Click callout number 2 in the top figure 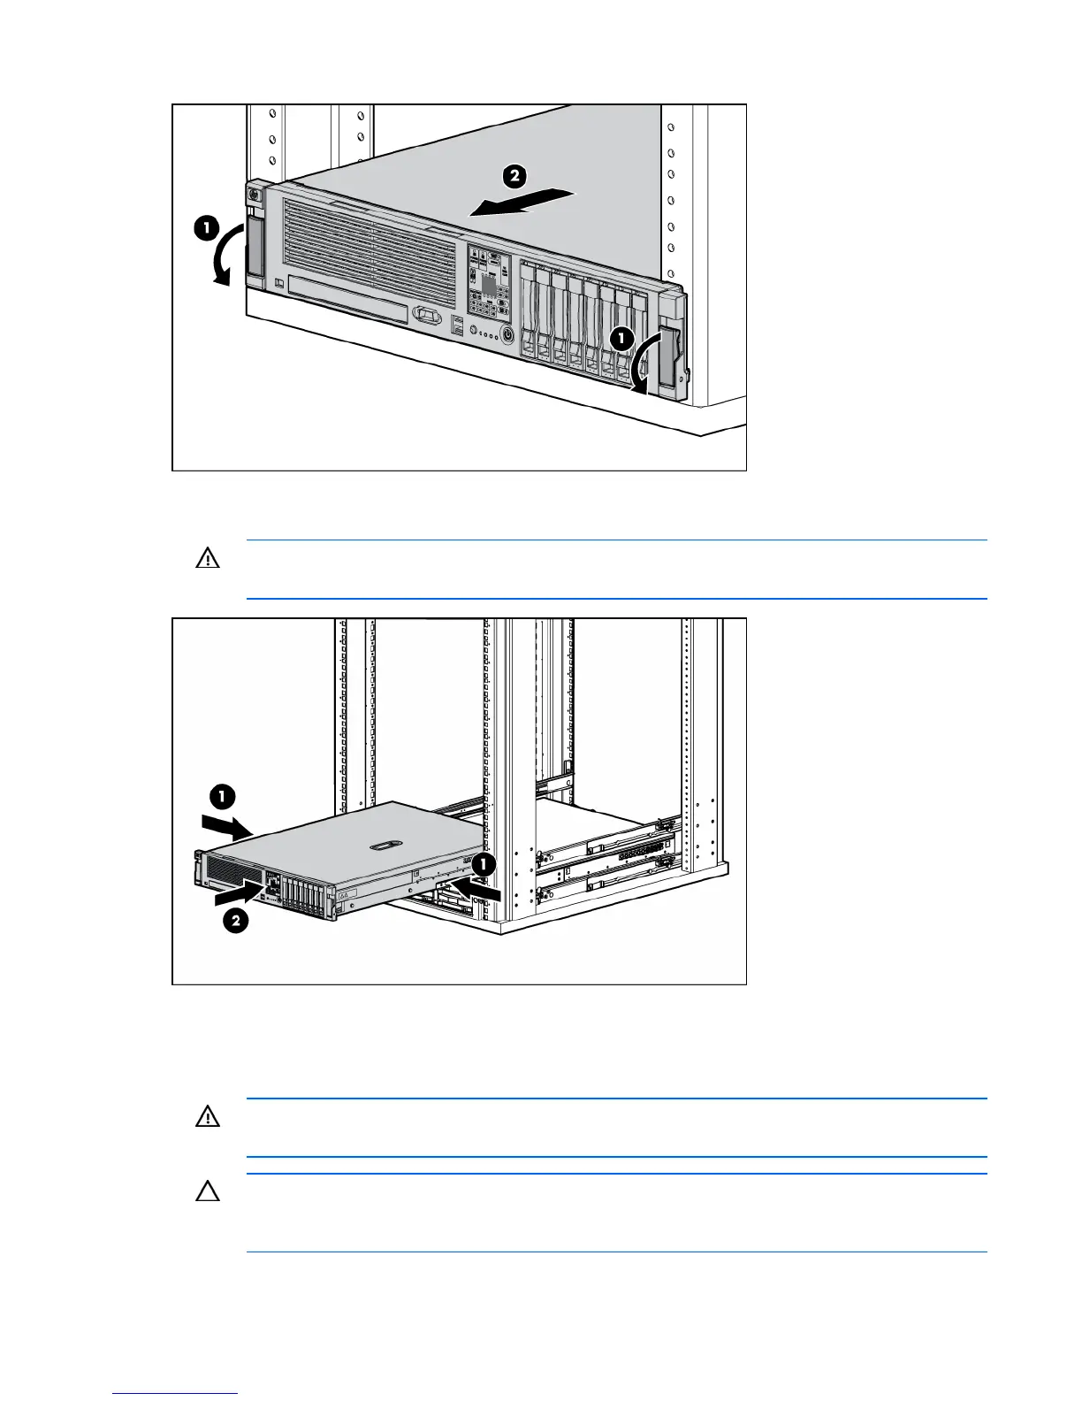coord(514,176)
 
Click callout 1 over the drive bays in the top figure coord(621,338)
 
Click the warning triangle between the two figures coord(207,559)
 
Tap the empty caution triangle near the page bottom coord(207,1192)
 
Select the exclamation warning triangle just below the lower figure coord(207,1117)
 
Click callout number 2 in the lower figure coord(235,922)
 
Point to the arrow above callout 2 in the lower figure coord(239,894)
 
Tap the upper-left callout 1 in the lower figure coord(222,797)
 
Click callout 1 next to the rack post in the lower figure coord(483,865)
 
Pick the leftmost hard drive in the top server coord(529,314)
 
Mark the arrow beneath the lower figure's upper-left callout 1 coord(227,826)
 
